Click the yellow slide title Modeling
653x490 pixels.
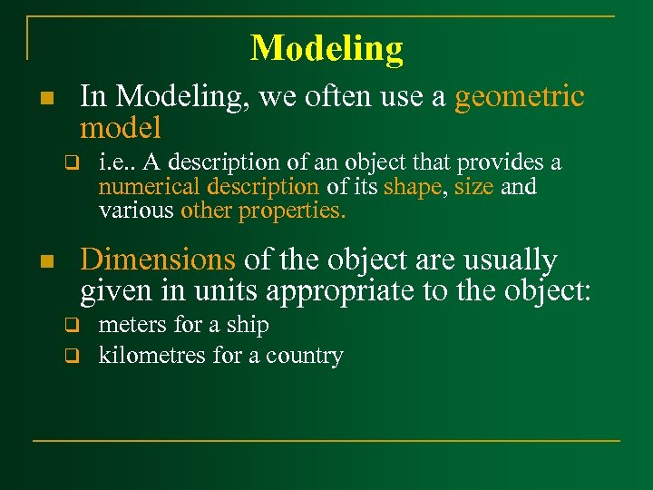[326, 47]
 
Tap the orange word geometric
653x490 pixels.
[520, 96]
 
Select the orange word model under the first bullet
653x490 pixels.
[121, 127]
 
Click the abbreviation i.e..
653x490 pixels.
[114, 162]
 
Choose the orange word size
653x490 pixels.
[474, 187]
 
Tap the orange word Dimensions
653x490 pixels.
[158, 260]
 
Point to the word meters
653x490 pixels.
[134, 325]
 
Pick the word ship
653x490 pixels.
[247, 325]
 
